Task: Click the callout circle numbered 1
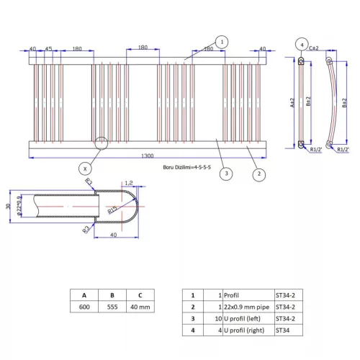(222, 42)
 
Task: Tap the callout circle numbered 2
(256, 174)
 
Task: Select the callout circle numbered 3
(225, 174)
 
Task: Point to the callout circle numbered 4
(302, 44)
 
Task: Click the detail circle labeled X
(86, 167)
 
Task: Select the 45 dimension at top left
(49, 50)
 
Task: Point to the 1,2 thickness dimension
(130, 183)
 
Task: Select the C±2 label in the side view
(313, 49)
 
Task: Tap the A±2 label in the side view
(293, 103)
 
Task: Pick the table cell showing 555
(112, 307)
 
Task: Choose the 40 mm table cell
(140, 307)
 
